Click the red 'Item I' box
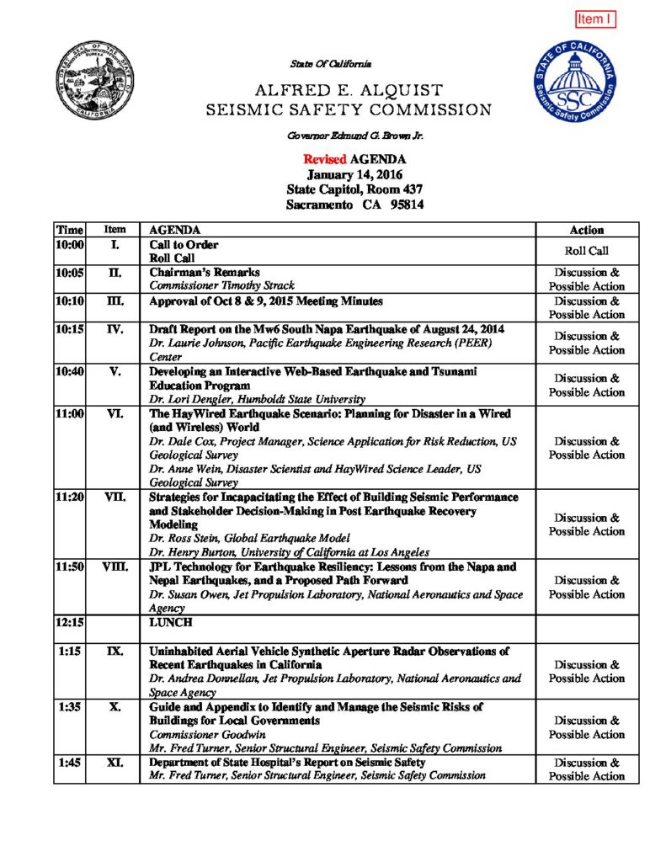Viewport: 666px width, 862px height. click(596, 19)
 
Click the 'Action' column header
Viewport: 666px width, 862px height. click(587, 230)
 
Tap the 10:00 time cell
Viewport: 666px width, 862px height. click(70, 245)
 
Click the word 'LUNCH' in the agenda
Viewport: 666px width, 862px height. click(172, 623)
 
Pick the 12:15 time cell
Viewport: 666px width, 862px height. click(70, 623)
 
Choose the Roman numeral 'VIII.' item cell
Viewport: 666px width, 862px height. click(115, 567)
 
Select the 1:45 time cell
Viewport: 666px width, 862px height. click(70, 763)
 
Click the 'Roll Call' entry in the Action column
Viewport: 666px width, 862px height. click(587, 251)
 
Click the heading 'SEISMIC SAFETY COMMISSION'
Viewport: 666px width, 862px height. click(349, 110)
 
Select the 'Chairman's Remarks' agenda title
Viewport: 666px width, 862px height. click(205, 273)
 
